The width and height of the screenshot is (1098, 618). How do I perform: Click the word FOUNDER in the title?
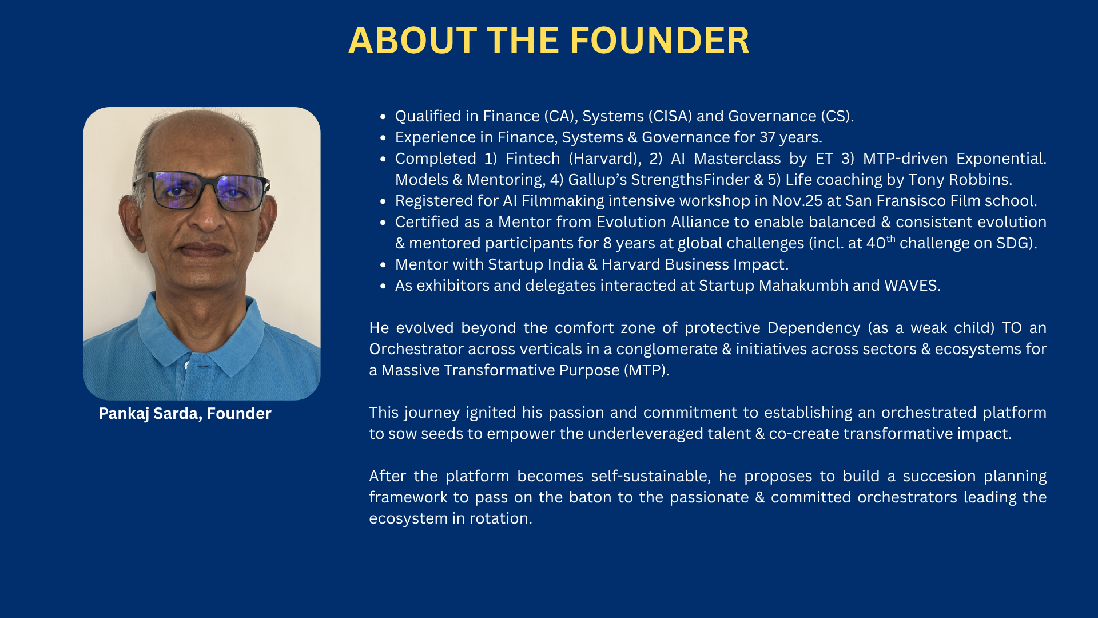coord(659,41)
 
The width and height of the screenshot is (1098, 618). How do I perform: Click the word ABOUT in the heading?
coord(412,41)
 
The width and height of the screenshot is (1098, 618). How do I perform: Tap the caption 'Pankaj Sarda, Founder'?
coord(185,414)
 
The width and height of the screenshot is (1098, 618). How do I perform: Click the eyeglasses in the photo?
coord(201,191)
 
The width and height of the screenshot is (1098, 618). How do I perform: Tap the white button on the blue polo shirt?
coord(187,365)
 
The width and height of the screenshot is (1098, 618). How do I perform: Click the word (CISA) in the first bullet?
coord(670,116)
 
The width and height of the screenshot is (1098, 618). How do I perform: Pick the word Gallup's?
coord(597,180)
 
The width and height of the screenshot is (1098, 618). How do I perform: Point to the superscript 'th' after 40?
coord(891,239)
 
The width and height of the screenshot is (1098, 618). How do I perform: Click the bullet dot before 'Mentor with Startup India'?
coord(383,265)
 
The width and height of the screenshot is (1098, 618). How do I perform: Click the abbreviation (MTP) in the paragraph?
coord(646,370)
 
